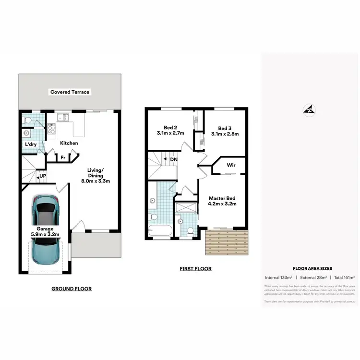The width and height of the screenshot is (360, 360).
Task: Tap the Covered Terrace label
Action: point(70,92)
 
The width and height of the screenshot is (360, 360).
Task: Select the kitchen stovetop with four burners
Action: point(52,128)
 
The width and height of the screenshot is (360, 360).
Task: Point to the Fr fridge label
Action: point(63,156)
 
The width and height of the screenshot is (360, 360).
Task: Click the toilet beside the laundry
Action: point(28,119)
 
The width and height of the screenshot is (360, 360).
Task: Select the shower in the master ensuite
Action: point(187,208)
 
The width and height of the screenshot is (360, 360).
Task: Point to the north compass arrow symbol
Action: point(308,110)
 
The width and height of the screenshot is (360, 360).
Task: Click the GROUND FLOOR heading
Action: point(72,289)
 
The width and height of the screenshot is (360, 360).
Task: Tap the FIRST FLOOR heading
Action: point(195,269)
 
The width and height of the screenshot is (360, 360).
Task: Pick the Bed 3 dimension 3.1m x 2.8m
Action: point(225,134)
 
